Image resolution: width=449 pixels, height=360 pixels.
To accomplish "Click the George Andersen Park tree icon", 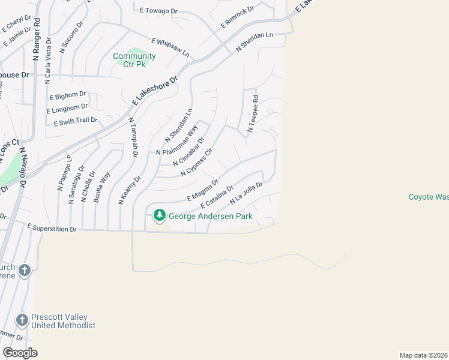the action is pyautogui.click(x=159, y=215).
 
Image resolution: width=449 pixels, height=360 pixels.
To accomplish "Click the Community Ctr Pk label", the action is pyautogui.click(x=135, y=60).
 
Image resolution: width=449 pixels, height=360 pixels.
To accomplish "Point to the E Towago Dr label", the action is pyautogui.click(x=159, y=11).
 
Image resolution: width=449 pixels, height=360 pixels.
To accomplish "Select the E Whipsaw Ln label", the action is pyautogui.click(x=170, y=47).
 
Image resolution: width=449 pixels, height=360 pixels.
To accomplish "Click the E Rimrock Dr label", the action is pyautogui.click(x=238, y=17).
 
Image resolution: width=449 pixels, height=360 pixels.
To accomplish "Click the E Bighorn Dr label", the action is pyautogui.click(x=68, y=96).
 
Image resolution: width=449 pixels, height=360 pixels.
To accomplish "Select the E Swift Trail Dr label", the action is pyautogui.click(x=75, y=122).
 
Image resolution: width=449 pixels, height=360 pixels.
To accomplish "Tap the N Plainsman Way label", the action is pyautogui.click(x=177, y=141).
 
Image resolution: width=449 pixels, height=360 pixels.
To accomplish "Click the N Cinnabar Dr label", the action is pyautogui.click(x=188, y=152).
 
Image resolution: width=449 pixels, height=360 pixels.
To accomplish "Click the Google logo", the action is pyautogui.click(x=20, y=353).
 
